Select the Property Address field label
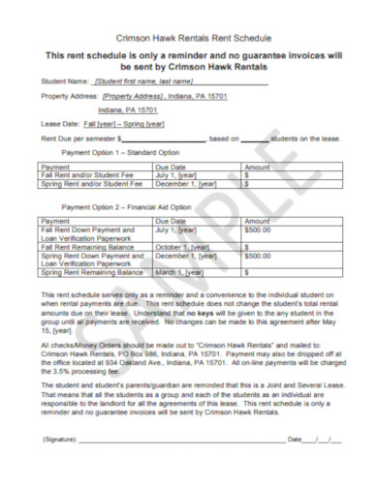click(x=71, y=97)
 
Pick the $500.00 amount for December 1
click(x=258, y=256)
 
